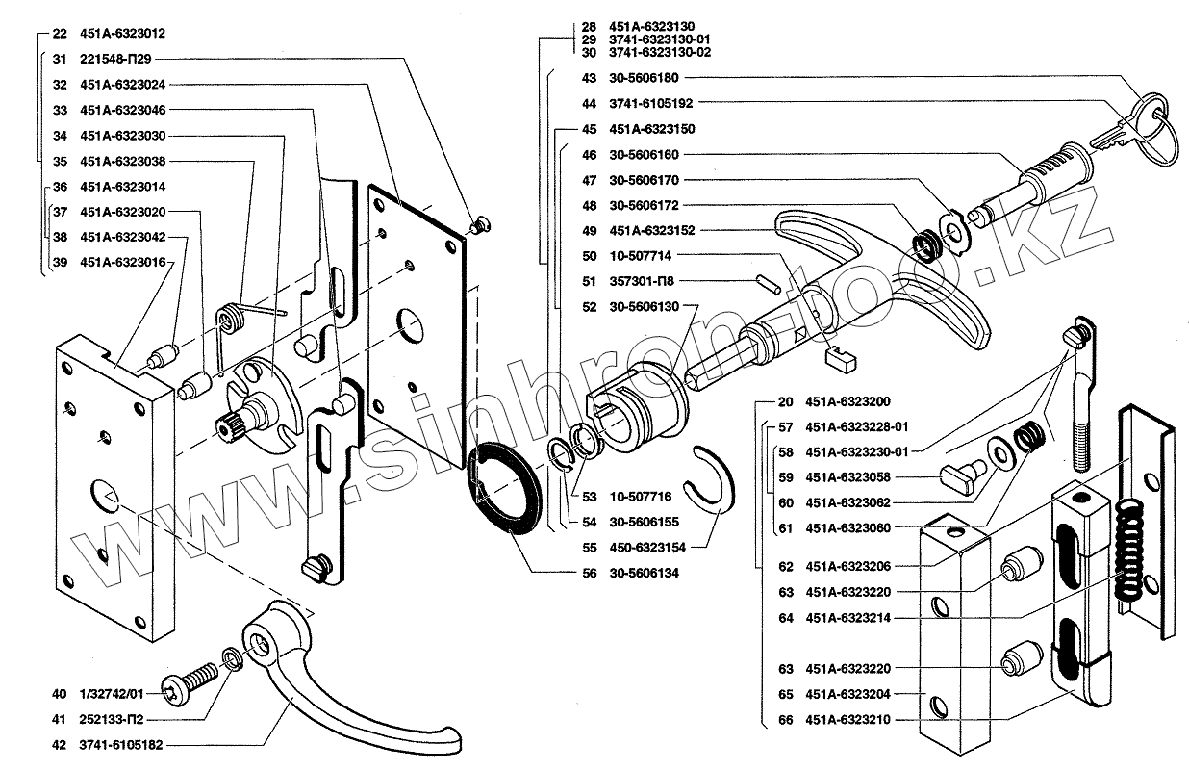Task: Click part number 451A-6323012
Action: tap(123, 33)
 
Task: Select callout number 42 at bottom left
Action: tap(60, 743)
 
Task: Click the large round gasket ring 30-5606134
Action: tap(508, 486)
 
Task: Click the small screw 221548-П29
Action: tap(478, 224)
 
